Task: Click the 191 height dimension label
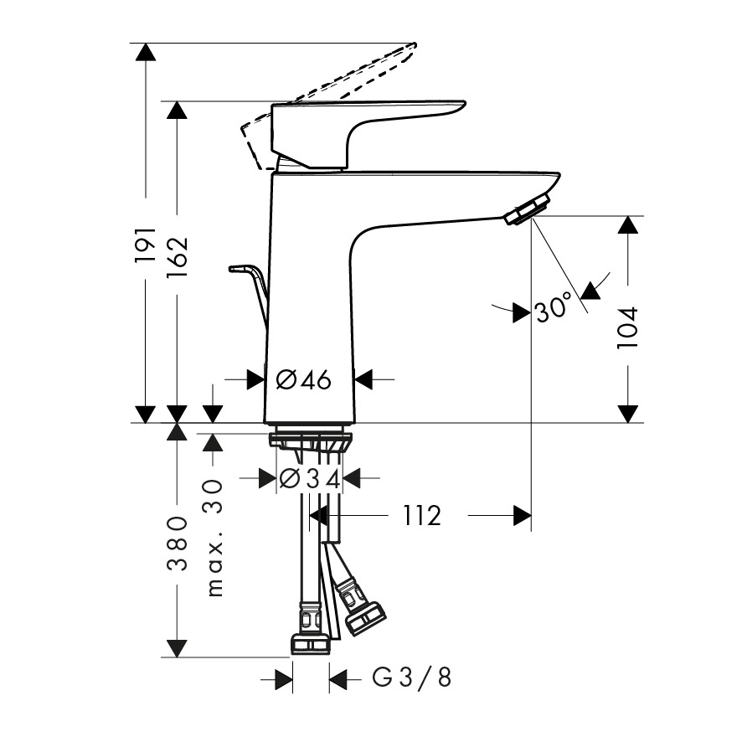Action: tap(146, 245)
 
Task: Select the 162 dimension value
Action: tap(178, 257)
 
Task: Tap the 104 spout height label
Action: tap(628, 328)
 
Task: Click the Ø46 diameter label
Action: tap(304, 379)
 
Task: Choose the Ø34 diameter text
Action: tap(310, 479)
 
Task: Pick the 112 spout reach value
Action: tap(422, 515)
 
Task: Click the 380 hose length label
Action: tap(178, 544)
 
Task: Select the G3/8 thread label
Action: tap(411, 677)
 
